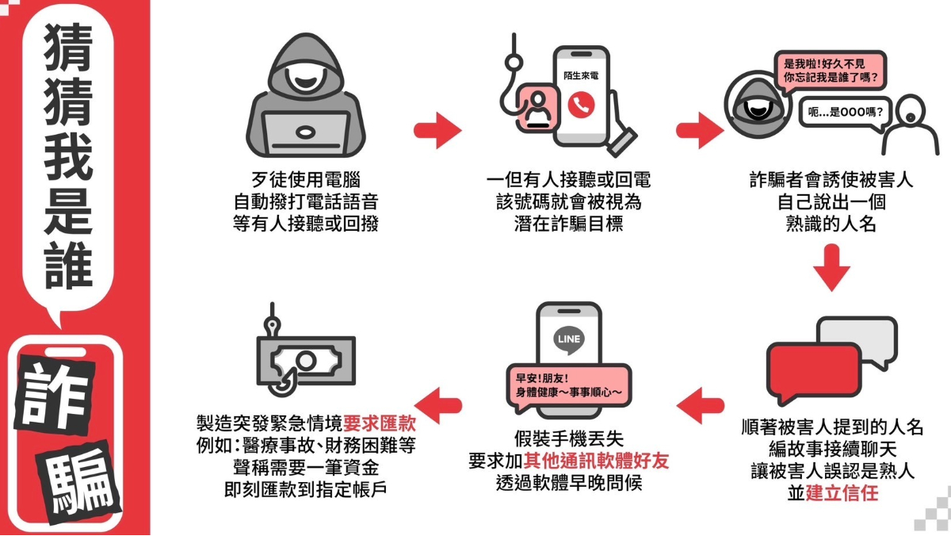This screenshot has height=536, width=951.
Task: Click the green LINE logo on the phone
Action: pos(570,339)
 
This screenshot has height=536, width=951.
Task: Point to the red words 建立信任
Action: pos(842,492)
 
